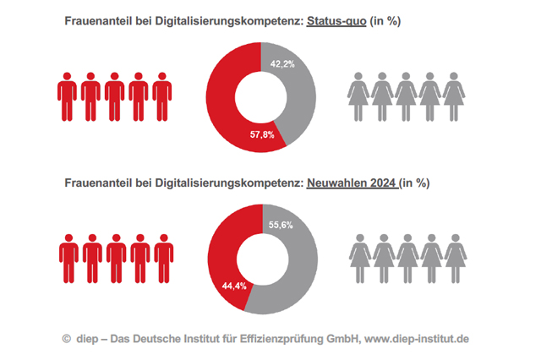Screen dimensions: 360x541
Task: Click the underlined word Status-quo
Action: click(x=336, y=21)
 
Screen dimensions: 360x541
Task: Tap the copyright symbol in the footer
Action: click(x=66, y=339)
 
